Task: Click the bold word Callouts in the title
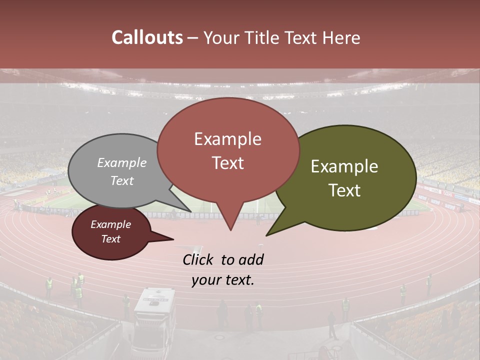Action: pos(147,37)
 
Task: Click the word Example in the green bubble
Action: pos(344,166)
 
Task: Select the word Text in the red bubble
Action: pos(228,163)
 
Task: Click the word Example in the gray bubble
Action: pos(122,162)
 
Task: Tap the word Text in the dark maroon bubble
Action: pos(110,239)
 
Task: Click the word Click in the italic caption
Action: pos(198,259)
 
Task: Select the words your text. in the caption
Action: pos(223,280)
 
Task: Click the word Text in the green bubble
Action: pos(344,190)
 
